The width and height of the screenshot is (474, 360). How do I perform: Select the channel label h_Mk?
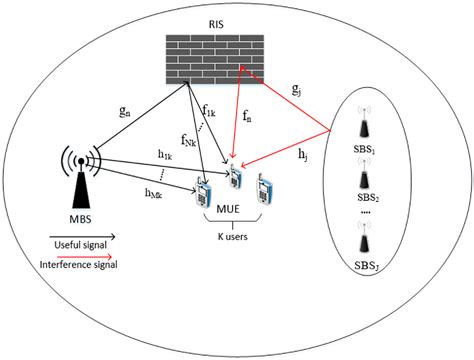tap(154, 192)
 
